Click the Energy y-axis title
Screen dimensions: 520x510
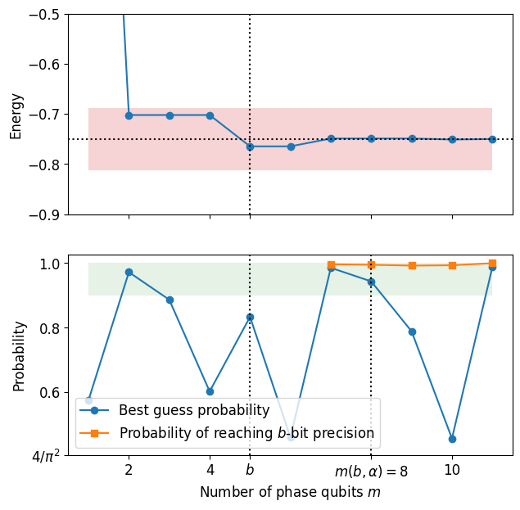pyautogui.click(x=16, y=116)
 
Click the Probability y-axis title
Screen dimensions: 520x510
pyautogui.click(x=19, y=356)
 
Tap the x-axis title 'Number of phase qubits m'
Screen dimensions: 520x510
pyautogui.click(x=290, y=492)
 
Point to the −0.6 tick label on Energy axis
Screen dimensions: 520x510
pyautogui.click(x=44, y=65)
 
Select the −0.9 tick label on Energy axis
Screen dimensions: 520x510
pyautogui.click(x=44, y=215)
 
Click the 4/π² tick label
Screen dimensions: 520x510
pyautogui.click(x=46, y=457)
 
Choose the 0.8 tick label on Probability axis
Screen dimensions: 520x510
pyautogui.click(x=50, y=328)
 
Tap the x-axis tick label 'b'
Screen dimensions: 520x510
pyautogui.click(x=250, y=470)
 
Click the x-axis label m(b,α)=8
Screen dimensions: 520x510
pyautogui.click(x=371, y=471)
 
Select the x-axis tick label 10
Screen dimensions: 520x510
pyautogui.click(x=452, y=470)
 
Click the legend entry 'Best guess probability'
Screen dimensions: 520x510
pyautogui.click(x=194, y=410)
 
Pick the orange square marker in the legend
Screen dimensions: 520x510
pyautogui.click(x=94, y=433)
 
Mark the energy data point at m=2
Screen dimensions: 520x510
pyautogui.click(x=129, y=115)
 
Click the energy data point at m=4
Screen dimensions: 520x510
pyautogui.click(x=210, y=115)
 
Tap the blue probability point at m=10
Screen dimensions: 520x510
pyautogui.click(x=452, y=439)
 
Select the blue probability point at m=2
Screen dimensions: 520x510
pyautogui.click(x=129, y=273)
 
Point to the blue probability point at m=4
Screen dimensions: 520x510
pyautogui.click(x=210, y=391)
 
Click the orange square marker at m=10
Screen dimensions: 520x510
pyautogui.click(x=452, y=265)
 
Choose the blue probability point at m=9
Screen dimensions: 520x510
pyautogui.click(x=412, y=332)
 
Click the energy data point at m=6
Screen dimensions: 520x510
pyautogui.click(x=291, y=147)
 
